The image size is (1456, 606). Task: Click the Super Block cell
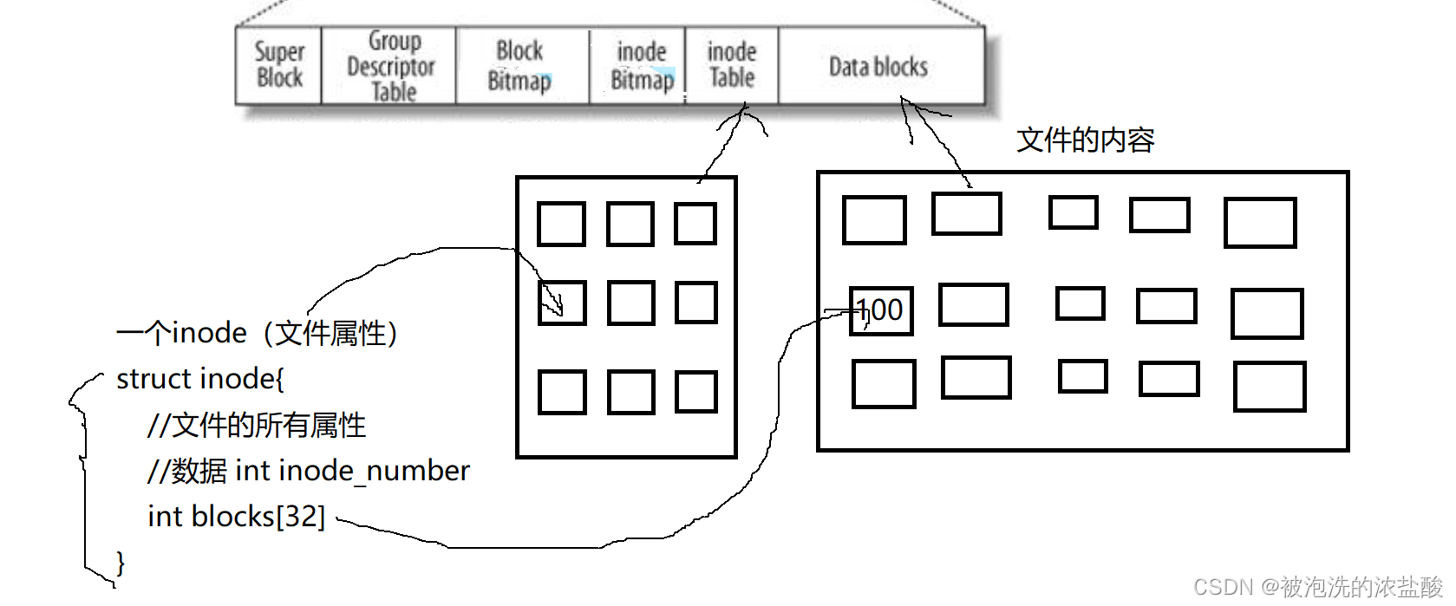279,65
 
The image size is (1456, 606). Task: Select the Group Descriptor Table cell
389,66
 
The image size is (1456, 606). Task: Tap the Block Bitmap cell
520,66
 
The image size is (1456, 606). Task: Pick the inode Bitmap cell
642,66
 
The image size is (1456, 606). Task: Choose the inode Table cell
732,65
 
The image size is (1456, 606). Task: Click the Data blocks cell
878,67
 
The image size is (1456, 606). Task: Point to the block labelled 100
881,310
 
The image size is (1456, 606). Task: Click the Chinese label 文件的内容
1086,140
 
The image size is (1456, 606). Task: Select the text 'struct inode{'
200,379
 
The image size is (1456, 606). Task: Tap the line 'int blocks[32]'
236,517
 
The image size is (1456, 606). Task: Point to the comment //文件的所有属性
257,425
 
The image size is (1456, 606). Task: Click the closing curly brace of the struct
121,564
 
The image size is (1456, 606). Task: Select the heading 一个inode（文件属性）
258,333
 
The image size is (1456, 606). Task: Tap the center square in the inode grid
630,303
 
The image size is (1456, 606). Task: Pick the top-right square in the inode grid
695,224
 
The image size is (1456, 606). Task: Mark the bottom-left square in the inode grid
562,392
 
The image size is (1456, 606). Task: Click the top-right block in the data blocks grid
1260,223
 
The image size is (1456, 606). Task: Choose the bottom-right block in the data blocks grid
1270,387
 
